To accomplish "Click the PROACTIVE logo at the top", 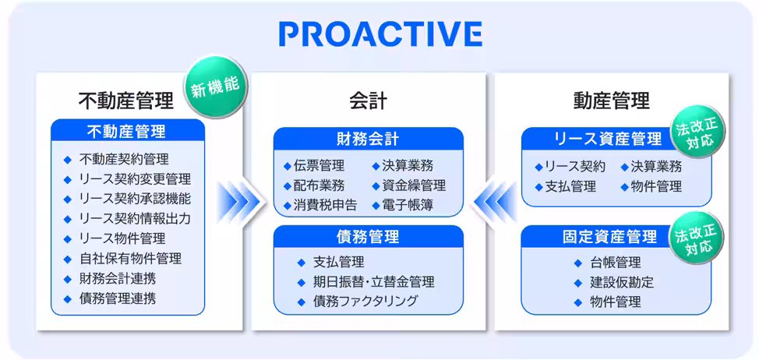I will click(x=379, y=34).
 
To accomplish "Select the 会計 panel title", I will click(x=368, y=101).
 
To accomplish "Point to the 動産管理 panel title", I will click(x=611, y=101).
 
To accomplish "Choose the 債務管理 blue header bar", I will click(x=368, y=237).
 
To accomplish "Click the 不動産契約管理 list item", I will click(x=124, y=159).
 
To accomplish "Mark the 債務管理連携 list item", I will click(x=118, y=298).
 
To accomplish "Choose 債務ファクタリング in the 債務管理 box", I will click(x=365, y=301).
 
